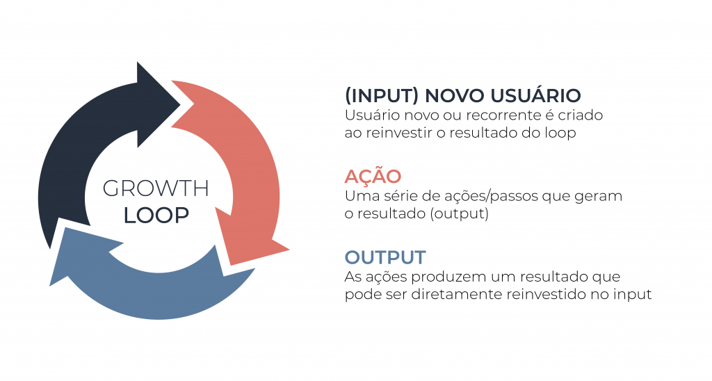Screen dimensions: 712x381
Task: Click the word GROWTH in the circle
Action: click(x=156, y=188)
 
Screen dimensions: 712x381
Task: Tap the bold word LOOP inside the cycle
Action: click(x=156, y=216)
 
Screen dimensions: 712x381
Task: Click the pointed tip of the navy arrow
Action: click(x=181, y=104)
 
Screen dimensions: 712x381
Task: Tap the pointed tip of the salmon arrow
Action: click(x=289, y=250)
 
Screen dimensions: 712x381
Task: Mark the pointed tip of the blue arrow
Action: click(x=50, y=286)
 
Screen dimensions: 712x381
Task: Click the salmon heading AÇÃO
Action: click(x=373, y=176)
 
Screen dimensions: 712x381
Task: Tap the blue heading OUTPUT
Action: click(x=385, y=257)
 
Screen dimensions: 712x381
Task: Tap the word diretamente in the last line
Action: click(x=456, y=294)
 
